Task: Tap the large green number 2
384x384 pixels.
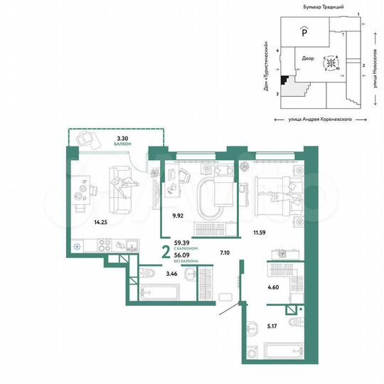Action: (x=166, y=252)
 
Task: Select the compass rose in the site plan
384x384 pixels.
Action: (x=331, y=64)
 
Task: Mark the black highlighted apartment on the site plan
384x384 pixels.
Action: (x=284, y=81)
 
